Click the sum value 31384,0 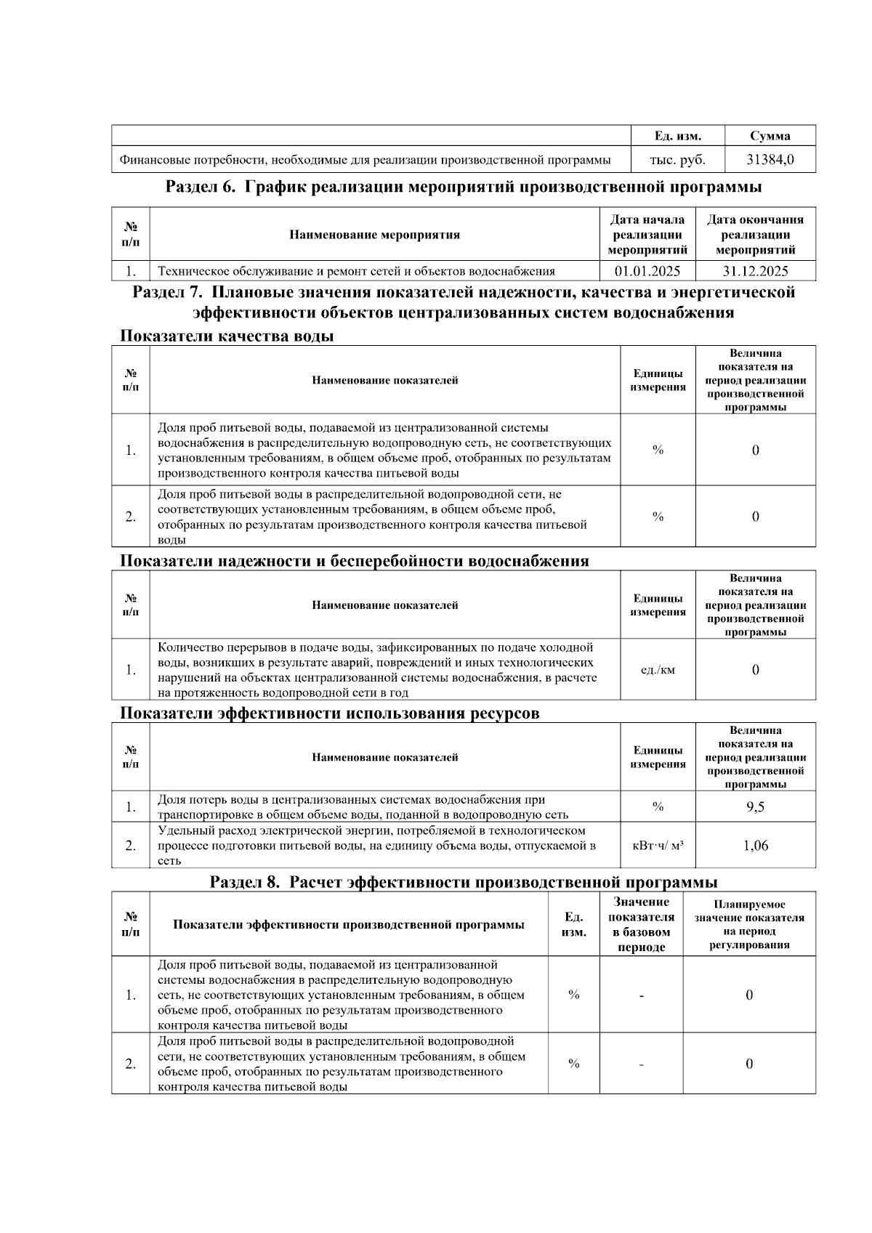[770, 160]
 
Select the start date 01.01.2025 [647, 271]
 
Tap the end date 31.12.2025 [755, 271]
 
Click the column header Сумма [770, 136]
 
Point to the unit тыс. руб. [677, 160]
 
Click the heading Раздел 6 [464, 187]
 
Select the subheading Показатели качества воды [227, 336]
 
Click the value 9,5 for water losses [755, 806]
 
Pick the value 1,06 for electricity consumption [755, 845]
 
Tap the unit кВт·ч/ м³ [658, 845]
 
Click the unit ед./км [658, 669]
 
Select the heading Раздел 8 [464, 882]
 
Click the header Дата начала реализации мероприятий [647, 235]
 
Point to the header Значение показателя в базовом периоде [641, 924]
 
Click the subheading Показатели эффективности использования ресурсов [329, 713]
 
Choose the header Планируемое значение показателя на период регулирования [749, 924]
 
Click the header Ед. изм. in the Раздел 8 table [573, 924]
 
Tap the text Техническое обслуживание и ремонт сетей [356, 271]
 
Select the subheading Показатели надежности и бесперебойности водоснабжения [354, 560]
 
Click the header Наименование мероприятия [374, 235]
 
